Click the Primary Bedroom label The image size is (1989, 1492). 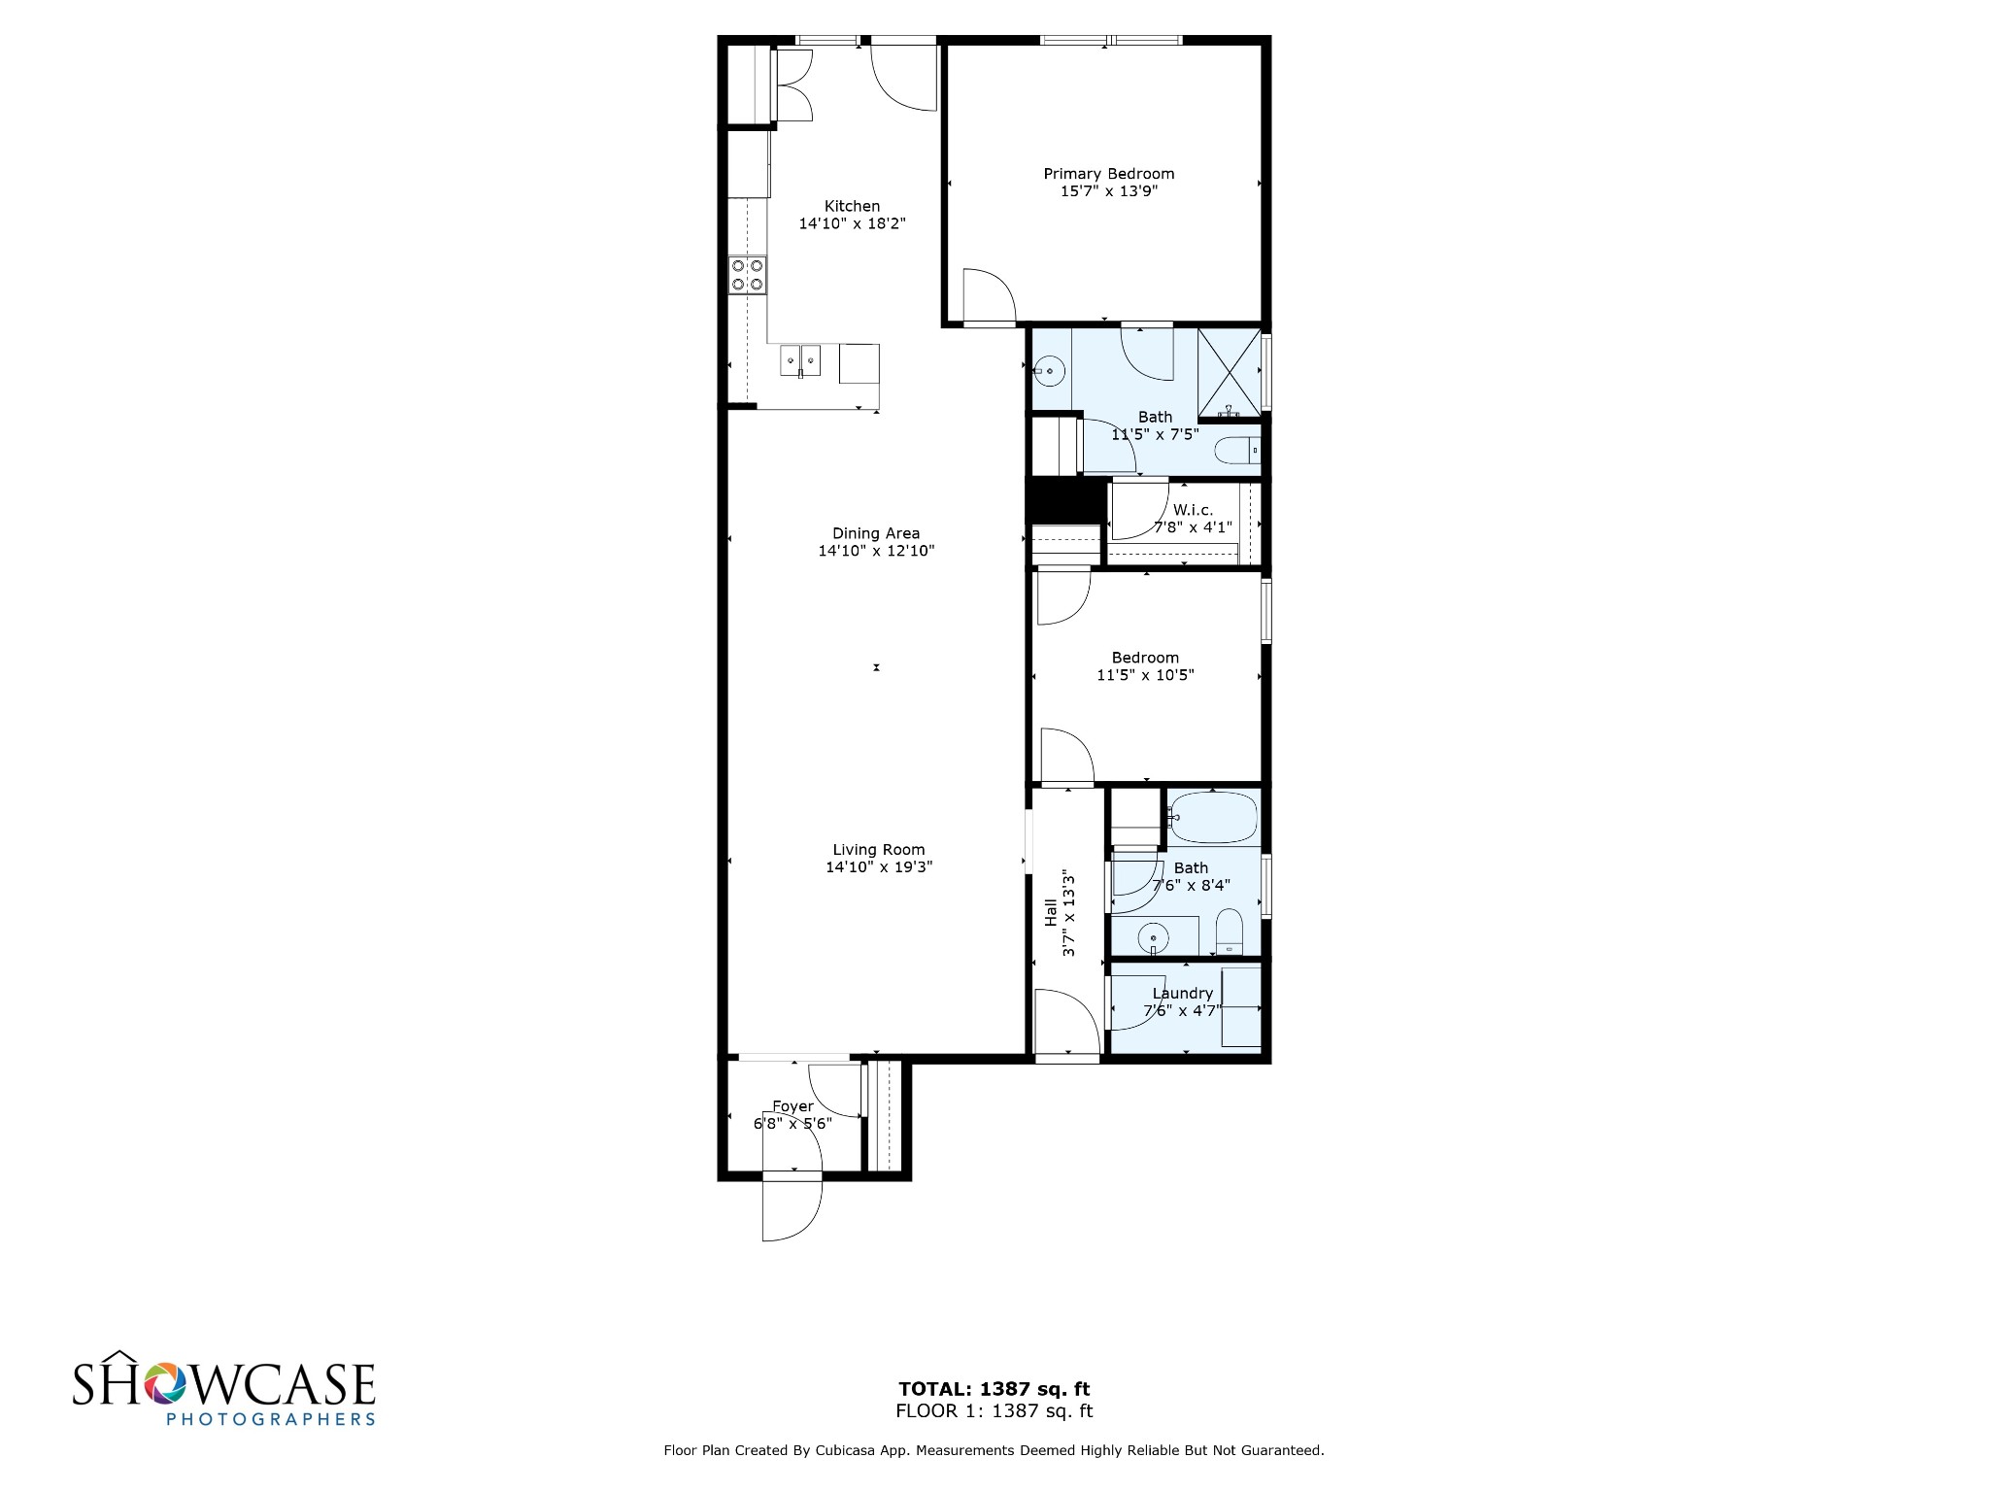point(1108,174)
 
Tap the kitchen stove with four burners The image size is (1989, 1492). point(748,274)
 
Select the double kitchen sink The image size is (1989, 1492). point(800,360)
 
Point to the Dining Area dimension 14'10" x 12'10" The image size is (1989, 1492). point(876,551)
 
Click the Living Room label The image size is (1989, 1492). point(878,849)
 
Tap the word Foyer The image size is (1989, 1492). point(792,1106)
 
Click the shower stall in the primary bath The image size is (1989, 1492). point(1229,373)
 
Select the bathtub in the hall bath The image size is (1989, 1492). point(1213,818)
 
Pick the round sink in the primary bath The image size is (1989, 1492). point(1050,371)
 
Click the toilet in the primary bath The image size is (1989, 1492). point(1237,451)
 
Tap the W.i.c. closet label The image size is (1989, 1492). point(1193,510)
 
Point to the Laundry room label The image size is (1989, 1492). point(1182,993)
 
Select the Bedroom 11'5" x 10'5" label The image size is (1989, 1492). point(1145,666)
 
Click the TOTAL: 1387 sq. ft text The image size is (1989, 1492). point(994,1389)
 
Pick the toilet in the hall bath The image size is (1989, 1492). point(1230,932)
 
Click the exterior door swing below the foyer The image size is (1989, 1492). point(792,1210)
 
